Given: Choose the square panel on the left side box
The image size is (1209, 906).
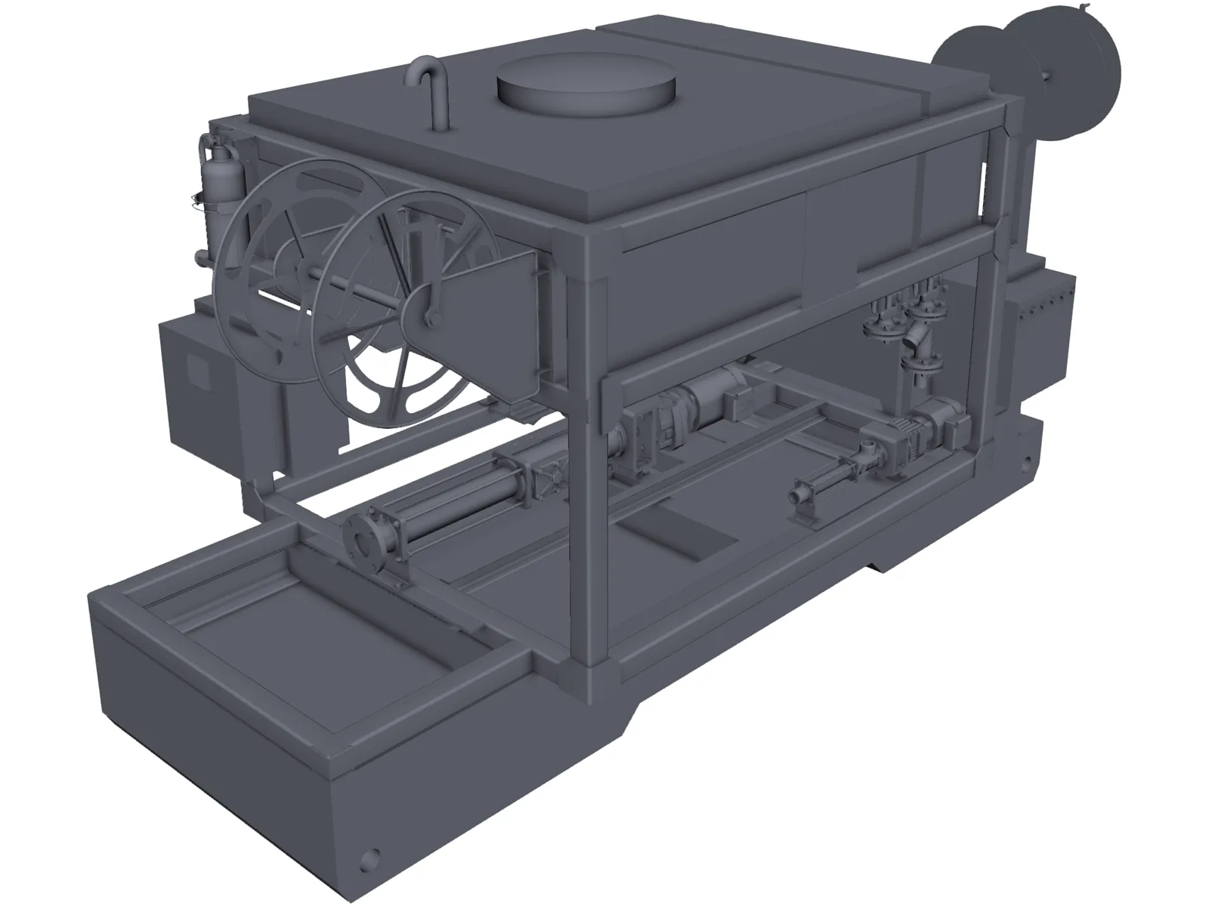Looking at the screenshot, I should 199,371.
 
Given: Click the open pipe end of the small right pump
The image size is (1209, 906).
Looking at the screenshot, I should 797,498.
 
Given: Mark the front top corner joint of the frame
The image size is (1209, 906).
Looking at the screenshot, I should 586,260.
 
